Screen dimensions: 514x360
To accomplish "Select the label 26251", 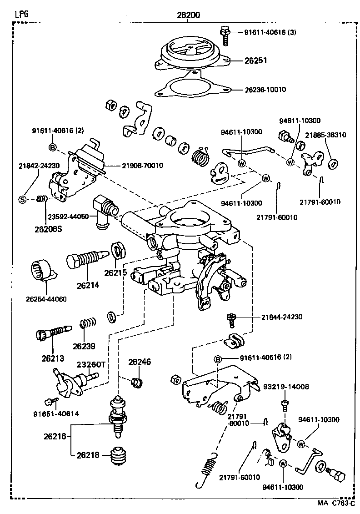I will tap(255, 60).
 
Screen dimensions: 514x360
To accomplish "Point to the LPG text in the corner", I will tap(21, 14).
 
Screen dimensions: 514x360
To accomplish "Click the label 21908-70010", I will tap(142, 165).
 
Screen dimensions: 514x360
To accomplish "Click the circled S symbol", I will tap(21, 199).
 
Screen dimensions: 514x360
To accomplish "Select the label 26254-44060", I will tap(46, 299).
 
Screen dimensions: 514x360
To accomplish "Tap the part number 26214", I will tap(88, 285).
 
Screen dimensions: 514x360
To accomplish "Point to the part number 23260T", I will tap(90, 364).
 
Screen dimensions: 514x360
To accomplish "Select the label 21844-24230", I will tap(282, 317).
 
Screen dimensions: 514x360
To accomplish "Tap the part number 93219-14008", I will tap(286, 387).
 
